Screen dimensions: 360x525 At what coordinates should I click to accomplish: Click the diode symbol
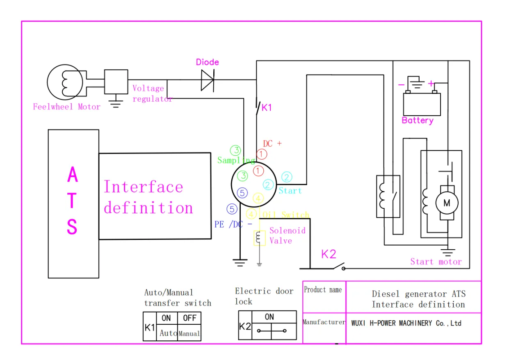coord(207,80)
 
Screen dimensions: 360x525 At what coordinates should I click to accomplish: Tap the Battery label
coord(418,121)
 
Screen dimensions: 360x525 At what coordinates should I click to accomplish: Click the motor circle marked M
coord(446,203)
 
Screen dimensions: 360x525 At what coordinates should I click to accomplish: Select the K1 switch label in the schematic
coord(267,108)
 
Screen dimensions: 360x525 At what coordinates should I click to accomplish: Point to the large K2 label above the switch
coord(329,254)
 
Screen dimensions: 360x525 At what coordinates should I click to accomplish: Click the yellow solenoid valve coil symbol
coord(259,238)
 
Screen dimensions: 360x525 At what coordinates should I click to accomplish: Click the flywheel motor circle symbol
coord(66,82)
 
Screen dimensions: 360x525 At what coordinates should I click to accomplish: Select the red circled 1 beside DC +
coord(262,154)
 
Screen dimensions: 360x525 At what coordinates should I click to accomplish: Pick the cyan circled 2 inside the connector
coord(268,185)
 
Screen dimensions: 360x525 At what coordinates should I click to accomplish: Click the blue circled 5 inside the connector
coord(242,193)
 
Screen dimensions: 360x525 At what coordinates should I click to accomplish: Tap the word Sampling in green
coord(236,160)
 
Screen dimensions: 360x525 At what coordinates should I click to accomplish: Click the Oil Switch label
coord(286,215)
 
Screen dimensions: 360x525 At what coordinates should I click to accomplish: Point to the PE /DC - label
coord(233,224)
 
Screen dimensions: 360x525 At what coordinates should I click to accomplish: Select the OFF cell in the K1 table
coord(189,318)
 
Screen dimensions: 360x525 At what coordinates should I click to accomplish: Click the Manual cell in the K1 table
coord(189,334)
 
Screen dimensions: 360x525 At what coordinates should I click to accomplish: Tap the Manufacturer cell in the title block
coord(324,322)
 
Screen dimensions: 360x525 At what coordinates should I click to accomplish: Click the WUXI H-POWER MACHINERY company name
coord(406,323)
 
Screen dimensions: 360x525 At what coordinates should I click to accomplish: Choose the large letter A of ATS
coord(73,175)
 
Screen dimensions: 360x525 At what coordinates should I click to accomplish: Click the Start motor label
coord(436,262)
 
